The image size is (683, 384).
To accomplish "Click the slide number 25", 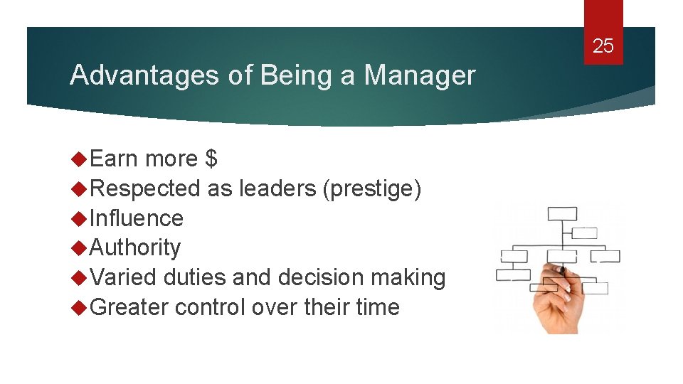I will click(x=603, y=47).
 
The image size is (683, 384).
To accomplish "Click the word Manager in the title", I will click(x=419, y=75).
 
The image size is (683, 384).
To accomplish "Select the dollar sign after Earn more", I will click(x=211, y=159).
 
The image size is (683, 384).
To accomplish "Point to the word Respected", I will click(x=146, y=188).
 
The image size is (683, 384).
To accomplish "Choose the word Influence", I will click(x=137, y=218).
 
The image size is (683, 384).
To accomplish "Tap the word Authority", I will click(x=136, y=247).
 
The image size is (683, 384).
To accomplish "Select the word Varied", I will click(x=124, y=277).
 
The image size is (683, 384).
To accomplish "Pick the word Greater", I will click(x=129, y=307).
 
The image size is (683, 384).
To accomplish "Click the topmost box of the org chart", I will click(x=562, y=213).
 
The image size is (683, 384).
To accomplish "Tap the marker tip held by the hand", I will click(x=561, y=270).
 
